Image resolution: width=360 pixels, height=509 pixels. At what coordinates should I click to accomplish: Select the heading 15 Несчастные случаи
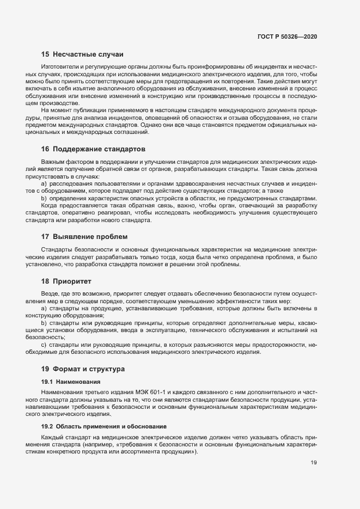82,54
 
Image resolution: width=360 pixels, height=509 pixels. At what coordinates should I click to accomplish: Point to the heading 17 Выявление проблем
84,237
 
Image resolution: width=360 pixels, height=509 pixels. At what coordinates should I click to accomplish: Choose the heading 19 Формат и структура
83,369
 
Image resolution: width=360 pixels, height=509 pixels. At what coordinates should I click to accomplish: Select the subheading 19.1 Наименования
68,382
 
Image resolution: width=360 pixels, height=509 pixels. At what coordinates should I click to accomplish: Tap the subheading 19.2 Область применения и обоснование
103,425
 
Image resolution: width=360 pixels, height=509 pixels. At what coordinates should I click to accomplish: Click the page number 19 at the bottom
313,463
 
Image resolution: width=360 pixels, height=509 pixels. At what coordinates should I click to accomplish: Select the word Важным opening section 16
53,162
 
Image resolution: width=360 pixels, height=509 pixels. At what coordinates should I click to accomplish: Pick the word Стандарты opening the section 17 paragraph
56,249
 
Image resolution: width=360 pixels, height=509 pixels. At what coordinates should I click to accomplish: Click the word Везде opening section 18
50,293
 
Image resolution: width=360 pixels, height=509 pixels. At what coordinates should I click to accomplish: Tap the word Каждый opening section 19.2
52,438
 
